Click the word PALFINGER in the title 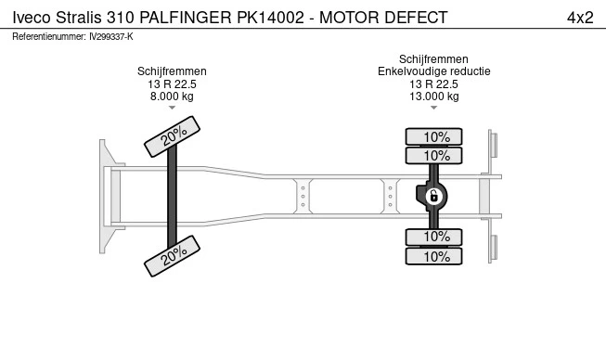[186, 18]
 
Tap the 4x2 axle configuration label [580, 18]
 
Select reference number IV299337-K [111, 37]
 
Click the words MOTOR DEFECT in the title [383, 18]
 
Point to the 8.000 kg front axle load [172, 96]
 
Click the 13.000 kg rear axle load [434, 96]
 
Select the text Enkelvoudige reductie [434, 71]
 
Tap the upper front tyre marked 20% [172, 136]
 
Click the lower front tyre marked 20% [172, 256]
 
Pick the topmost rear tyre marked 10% [433, 136]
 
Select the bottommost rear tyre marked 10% [433, 256]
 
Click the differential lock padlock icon [433, 197]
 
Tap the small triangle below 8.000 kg [172, 108]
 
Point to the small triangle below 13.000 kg [433, 108]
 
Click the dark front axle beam [172, 196]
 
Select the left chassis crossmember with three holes [303, 196]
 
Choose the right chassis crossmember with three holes [391, 196]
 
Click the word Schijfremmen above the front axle [172, 71]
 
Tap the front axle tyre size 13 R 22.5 [172, 84]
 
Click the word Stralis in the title [79, 18]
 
